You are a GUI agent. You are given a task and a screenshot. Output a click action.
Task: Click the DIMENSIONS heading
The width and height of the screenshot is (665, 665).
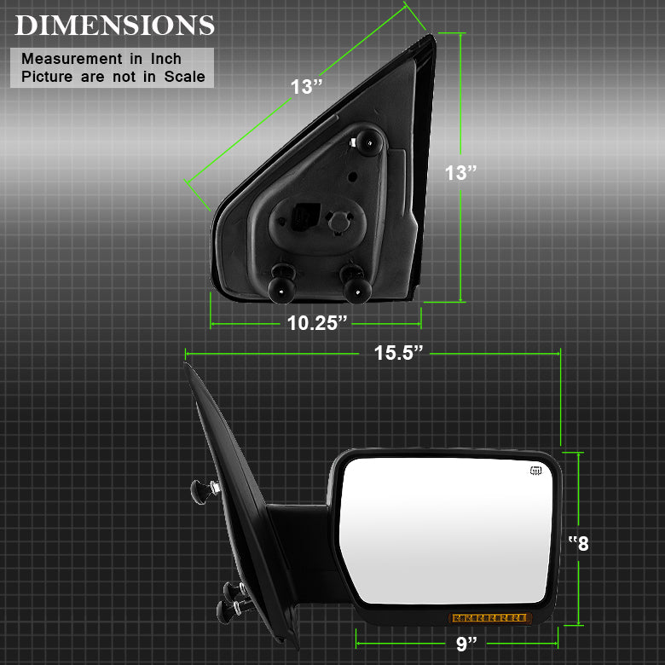click(114, 25)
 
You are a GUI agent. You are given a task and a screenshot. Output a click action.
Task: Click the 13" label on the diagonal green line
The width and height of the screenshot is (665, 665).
click(306, 86)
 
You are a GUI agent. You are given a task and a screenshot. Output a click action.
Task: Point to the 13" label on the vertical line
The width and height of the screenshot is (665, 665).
click(460, 172)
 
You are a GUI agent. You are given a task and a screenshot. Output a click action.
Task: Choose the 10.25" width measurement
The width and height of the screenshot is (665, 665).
click(317, 323)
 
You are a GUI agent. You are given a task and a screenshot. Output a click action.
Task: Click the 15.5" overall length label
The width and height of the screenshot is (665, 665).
click(398, 353)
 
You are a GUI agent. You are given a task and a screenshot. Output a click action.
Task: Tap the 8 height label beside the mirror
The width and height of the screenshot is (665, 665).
click(579, 543)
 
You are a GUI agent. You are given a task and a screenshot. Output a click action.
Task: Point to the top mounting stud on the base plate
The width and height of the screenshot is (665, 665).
click(368, 142)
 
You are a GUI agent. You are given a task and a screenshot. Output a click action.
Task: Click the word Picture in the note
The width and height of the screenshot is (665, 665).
click(49, 77)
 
